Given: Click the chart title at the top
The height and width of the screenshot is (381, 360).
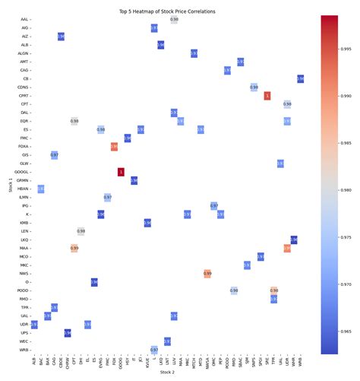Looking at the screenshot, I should click(x=167, y=12).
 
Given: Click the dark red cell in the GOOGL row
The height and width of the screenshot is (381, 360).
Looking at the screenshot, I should click(x=120, y=173).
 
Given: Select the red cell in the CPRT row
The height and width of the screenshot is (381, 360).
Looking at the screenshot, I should click(x=267, y=96).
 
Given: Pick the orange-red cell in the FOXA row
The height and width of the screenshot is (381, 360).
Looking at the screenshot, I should click(x=114, y=147).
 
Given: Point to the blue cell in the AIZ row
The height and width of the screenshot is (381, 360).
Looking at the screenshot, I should click(x=61, y=36).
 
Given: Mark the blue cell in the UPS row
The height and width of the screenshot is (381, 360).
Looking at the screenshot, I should click(x=68, y=333).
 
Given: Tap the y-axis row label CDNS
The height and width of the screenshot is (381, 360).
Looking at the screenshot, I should click(x=23, y=87).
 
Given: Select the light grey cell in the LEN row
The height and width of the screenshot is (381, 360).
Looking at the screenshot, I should click(x=81, y=231).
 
